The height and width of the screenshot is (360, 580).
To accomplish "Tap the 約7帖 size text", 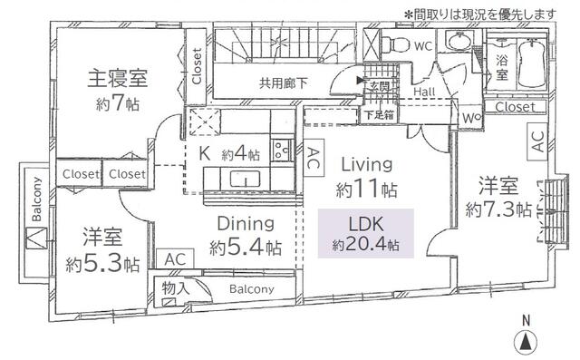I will [x=117, y=102].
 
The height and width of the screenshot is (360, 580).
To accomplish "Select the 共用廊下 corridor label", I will [x=284, y=83].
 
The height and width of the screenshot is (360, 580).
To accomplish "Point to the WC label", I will [x=422, y=44].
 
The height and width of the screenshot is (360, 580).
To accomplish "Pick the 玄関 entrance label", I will [x=378, y=87].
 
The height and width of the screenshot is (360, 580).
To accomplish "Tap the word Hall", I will [x=424, y=92].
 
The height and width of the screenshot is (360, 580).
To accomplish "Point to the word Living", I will [x=366, y=164].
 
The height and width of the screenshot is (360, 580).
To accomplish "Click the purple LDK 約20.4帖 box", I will [x=366, y=232].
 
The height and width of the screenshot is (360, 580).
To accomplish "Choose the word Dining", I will [x=245, y=223].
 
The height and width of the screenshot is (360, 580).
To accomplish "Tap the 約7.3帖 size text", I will [x=498, y=209].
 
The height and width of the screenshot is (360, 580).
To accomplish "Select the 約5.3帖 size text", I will [x=102, y=265].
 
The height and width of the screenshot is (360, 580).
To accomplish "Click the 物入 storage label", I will [x=176, y=288].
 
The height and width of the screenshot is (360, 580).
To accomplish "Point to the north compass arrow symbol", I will [x=524, y=342].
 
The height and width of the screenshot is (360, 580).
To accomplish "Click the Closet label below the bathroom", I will [x=515, y=107].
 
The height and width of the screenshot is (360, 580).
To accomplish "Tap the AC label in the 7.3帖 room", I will [x=537, y=142].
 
